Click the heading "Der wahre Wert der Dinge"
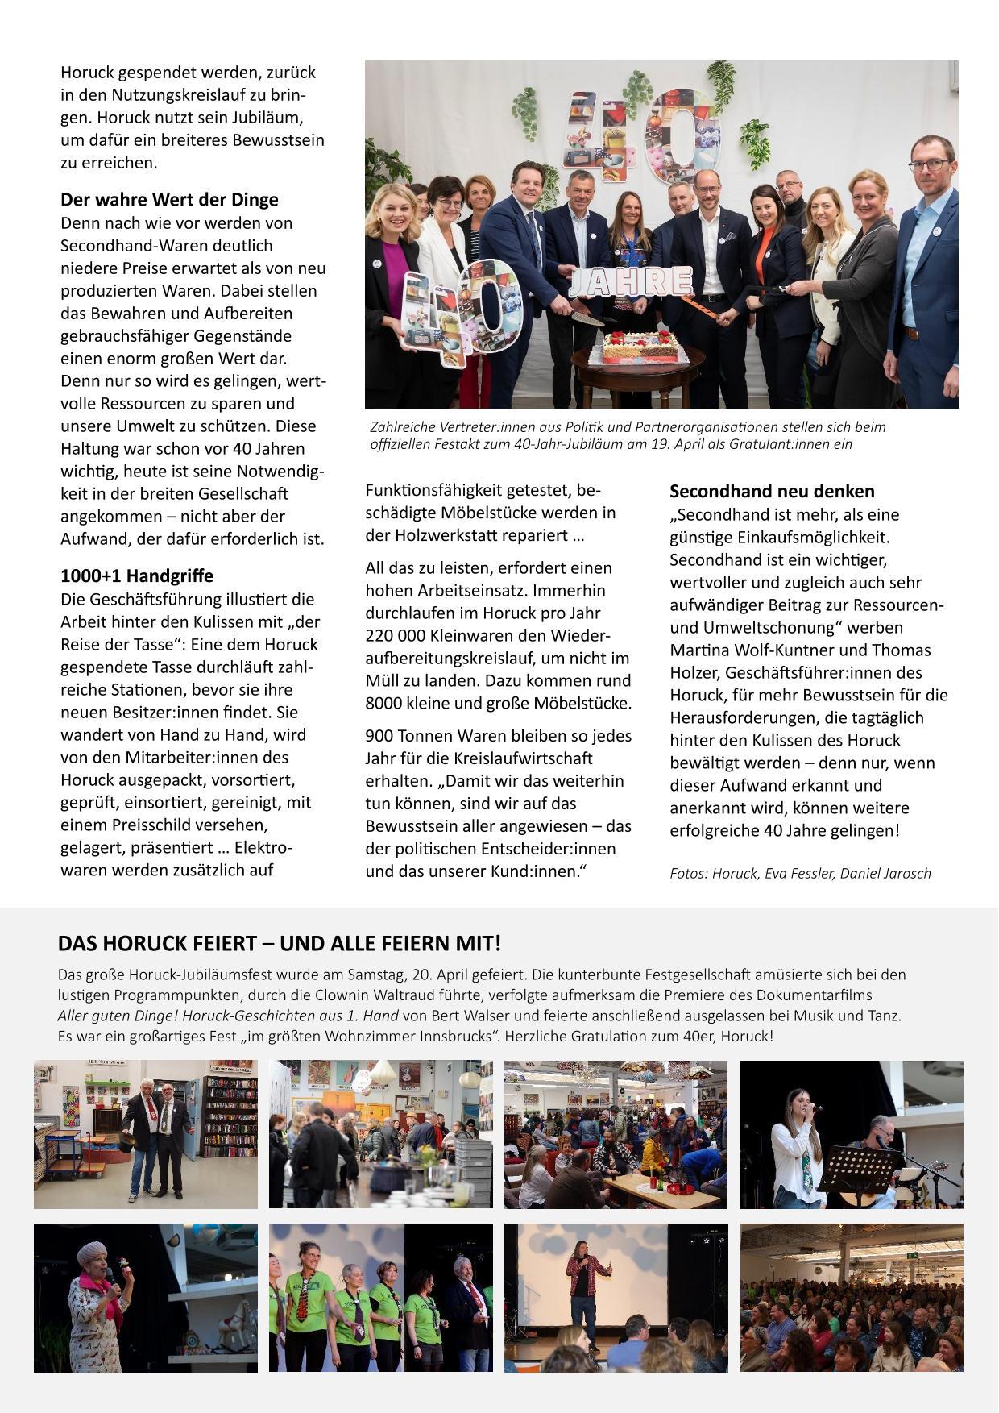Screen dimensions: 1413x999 (x=169, y=200)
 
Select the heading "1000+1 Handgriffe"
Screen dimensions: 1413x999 (x=137, y=576)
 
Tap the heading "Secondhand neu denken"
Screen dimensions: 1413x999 (x=772, y=492)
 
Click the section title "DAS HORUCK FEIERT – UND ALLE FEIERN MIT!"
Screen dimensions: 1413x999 (x=279, y=943)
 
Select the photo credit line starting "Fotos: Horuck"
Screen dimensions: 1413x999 (x=800, y=873)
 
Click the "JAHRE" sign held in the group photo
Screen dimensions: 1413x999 (x=631, y=283)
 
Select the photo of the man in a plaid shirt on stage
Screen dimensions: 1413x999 (x=616, y=1297)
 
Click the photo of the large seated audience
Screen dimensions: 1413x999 (x=851, y=1297)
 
